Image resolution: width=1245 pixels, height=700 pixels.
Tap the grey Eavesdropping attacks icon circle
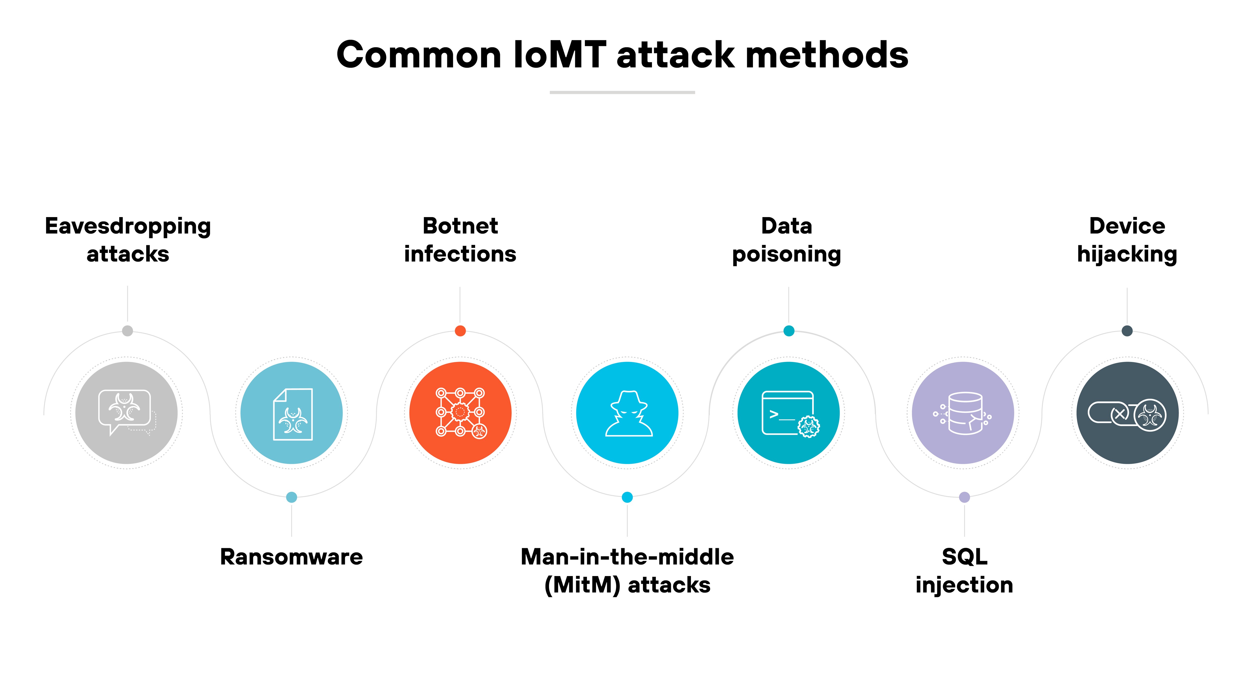point(127,413)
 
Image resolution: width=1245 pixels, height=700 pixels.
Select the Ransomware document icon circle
point(291,413)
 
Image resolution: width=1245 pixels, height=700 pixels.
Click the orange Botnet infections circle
point(460,413)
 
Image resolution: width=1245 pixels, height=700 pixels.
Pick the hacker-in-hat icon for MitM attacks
point(627,413)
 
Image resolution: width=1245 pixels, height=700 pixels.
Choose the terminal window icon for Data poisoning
point(788,413)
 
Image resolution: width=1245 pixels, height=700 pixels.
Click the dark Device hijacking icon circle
point(1127,413)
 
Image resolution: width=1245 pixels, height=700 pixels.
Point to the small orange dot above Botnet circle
point(460,331)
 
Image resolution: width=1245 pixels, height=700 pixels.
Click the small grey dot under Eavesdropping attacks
point(127,331)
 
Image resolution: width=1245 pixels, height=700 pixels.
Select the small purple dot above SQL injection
point(964,497)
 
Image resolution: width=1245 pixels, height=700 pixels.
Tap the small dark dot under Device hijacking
point(1127,331)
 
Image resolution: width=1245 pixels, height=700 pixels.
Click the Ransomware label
point(291,557)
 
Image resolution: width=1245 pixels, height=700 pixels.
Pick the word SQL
point(964,557)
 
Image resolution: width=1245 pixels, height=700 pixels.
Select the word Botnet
point(460,226)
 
